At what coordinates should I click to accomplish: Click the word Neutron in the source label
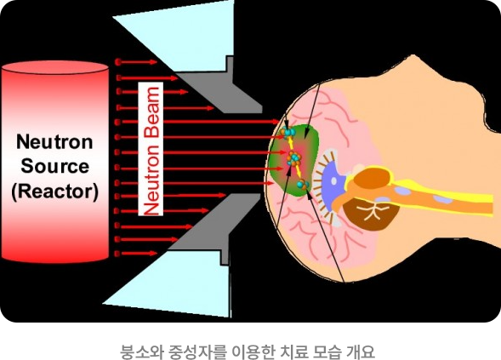[54, 142]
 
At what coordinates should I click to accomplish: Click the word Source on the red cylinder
[54, 167]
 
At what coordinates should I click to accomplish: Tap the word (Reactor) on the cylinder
[54, 191]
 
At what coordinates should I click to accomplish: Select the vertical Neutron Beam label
[151, 149]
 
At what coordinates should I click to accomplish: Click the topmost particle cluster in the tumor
[288, 131]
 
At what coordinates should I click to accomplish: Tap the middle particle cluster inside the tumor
[293, 158]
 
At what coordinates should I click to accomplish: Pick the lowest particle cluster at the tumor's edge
[302, 185]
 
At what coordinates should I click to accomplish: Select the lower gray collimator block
[214, 226]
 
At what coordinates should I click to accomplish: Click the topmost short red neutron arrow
[136, 62]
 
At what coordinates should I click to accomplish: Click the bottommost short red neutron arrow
[136, 254]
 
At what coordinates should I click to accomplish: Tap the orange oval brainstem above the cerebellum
[373, 178]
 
